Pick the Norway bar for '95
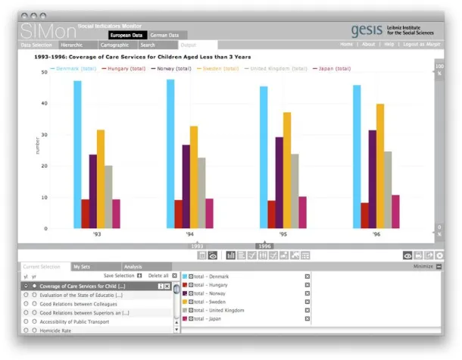tap(279, 182)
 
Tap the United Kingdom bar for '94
tap(201, 193)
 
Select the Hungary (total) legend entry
tap(126, 68)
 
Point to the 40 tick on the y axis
tap(43, 103)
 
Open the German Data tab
tap(164, 35)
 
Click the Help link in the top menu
tap(389, 45)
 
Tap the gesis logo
tap(371, 30)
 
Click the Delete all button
tap(158, 276)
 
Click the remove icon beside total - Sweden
tap(307, 302)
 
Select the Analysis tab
tap(133, 267)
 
